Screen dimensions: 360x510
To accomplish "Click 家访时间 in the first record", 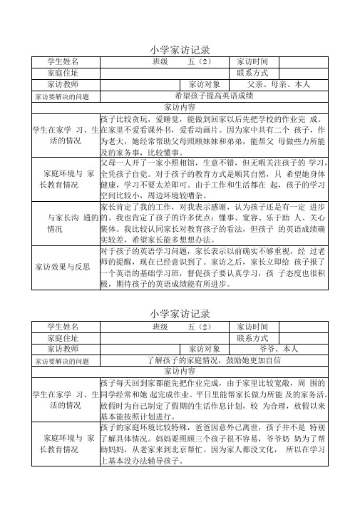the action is pos(252,62).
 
